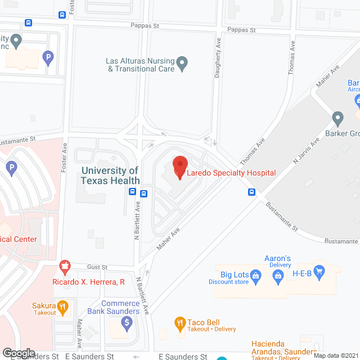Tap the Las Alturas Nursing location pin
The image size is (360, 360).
182,64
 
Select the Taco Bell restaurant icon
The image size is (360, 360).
180,322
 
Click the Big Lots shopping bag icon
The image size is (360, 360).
256,276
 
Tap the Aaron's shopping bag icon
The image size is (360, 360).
277,276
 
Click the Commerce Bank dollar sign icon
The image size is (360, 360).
127,323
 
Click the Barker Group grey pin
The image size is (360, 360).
337,119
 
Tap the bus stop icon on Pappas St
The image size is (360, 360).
29,23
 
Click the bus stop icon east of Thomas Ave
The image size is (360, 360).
251,192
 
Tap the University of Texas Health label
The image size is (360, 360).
110,175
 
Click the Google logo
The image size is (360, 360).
18,353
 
